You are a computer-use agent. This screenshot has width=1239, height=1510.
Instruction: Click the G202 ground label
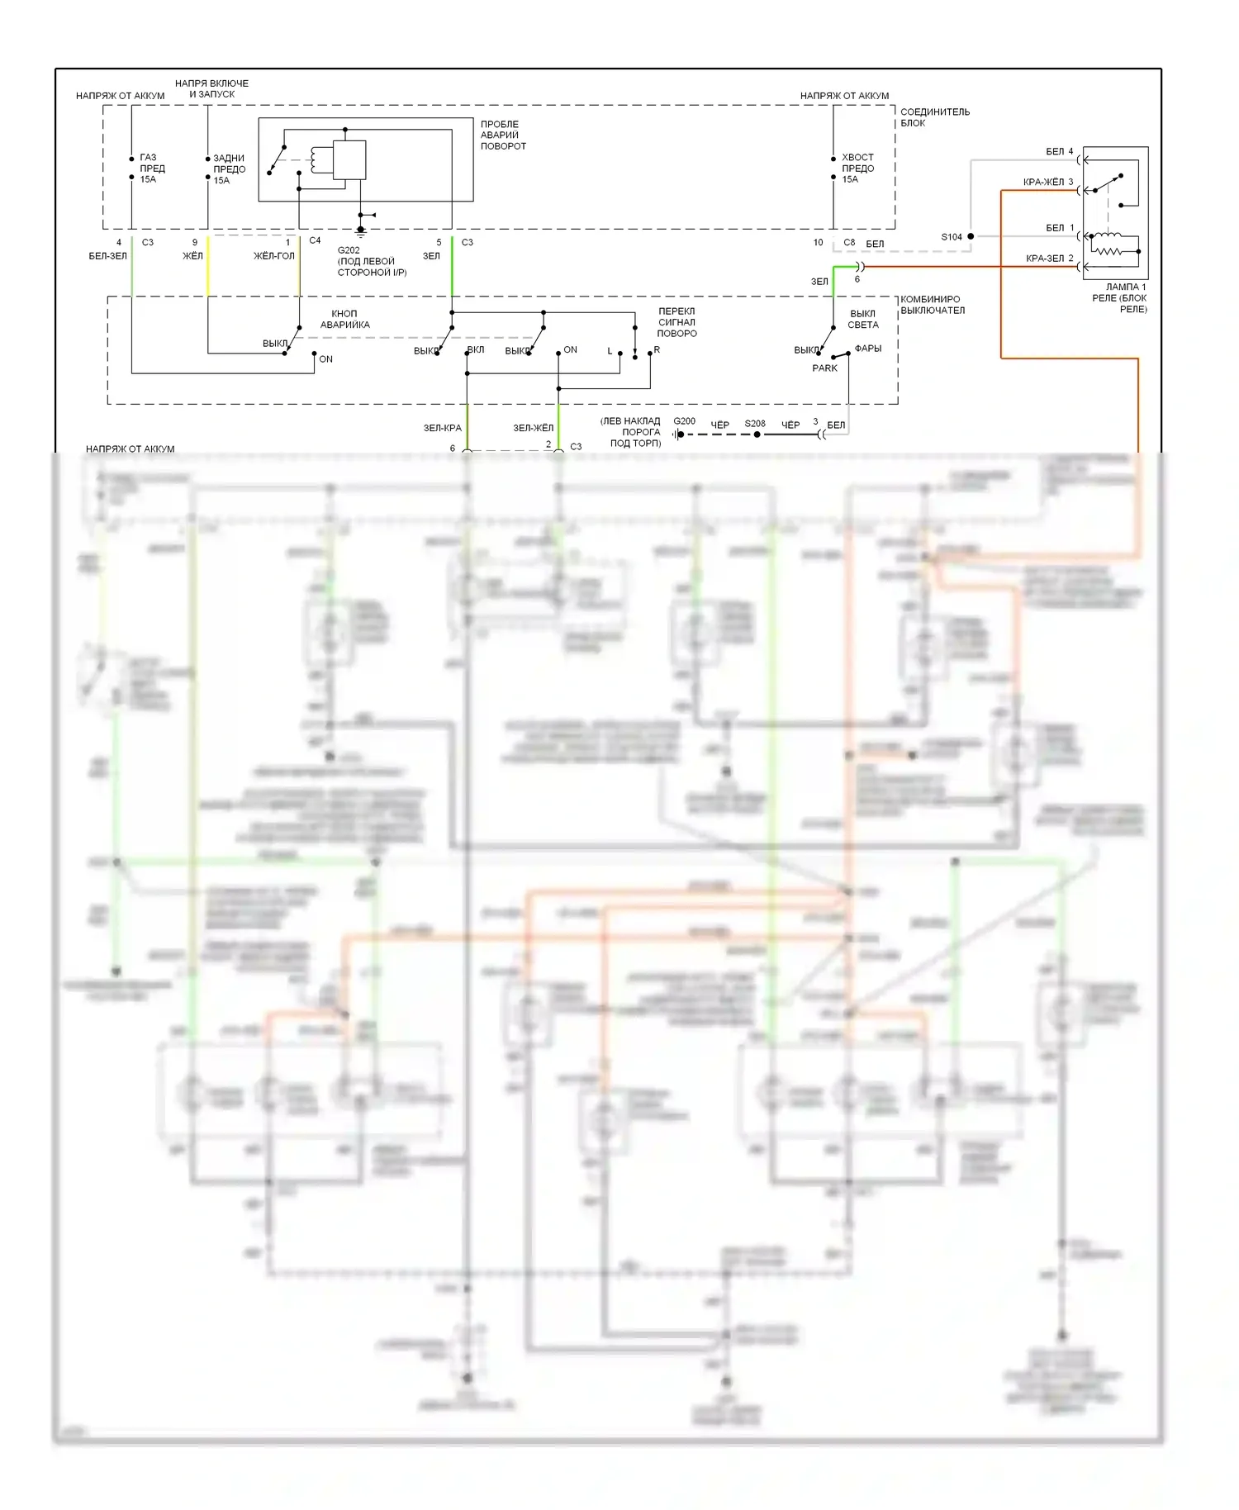[x=349, y=250]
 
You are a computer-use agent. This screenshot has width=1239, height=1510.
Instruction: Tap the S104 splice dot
[x=971, y=236]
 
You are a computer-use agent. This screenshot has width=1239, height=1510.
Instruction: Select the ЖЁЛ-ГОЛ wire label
[x=273, y=256]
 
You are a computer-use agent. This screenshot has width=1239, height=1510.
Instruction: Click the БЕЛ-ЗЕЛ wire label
[x=107, y=256]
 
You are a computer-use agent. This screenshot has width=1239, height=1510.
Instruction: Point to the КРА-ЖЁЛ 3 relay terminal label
[x=1047, y=182]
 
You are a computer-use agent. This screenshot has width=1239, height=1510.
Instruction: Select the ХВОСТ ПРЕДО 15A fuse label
[x=857, y=168]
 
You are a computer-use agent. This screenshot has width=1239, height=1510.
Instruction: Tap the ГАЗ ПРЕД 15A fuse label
[x=152, y=168]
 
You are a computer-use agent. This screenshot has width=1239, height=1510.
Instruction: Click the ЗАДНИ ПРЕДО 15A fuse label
[x=229, y=169]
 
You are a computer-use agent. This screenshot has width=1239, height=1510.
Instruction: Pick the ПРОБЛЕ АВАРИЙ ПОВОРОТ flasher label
[x=503, y=135]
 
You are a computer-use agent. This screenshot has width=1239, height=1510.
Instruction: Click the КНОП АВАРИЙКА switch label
[x=344, y=319]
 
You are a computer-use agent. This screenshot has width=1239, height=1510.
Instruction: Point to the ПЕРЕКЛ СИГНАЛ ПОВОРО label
[x=676, y=322]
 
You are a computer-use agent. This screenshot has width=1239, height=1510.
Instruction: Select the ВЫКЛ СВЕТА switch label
[x=862, y=319]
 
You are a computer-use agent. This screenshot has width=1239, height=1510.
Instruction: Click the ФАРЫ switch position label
[x=867, y=349]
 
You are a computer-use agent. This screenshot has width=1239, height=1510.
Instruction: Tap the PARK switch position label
[x=824, y=368]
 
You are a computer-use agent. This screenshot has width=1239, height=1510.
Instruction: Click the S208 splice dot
[x=757, y=434]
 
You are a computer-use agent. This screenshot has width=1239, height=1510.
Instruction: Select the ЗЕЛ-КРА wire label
[x=442, y=428]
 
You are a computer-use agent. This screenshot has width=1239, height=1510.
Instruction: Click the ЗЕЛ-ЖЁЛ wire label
[x=533, y=428]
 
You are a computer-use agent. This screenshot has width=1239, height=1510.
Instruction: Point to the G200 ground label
[x=684, y=421]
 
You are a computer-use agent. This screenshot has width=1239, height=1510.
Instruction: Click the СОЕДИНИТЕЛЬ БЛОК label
[x=934, y=117]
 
